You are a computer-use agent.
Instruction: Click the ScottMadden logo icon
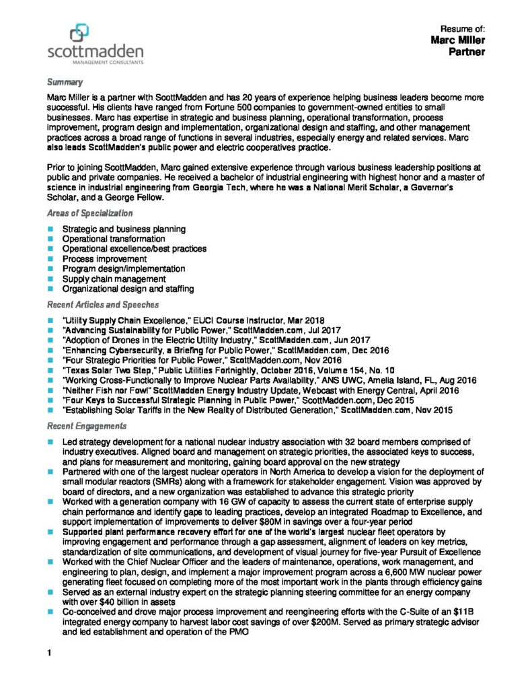(x=79, y=32)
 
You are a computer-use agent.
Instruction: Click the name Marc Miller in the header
(x=458, y=40)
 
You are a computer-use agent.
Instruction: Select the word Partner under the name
(x=467, y=52)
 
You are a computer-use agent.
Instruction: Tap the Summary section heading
(x=65, y=82)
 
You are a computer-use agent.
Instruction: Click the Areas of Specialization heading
(x=89, y=213)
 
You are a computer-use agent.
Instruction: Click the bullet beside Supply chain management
(x=50, y=279)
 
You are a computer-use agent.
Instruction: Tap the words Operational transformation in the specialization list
(x=113, y=239)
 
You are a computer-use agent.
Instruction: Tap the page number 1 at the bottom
(x=49, y=653)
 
